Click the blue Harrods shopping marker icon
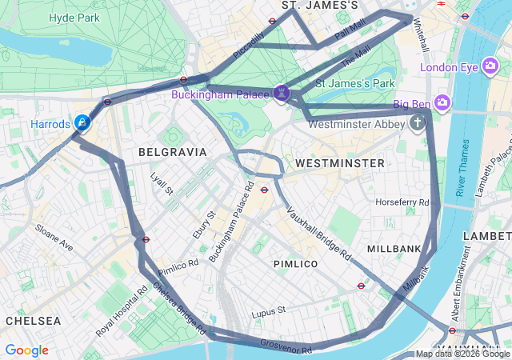pos(82,122)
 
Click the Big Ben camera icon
pos(443,104)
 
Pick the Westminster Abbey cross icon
pos(416,123)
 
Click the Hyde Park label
pos(74,17)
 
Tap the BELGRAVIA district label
pos(172,151)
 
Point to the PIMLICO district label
pos(295,263)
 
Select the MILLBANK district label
pos(394,249)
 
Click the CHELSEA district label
pos(33,320)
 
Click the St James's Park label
pos(355,82)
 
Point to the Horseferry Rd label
pos(402,202)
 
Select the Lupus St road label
pos(268,310)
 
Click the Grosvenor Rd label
pos(286,346)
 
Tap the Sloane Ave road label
pos(54,238)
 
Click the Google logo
pos(26,350)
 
